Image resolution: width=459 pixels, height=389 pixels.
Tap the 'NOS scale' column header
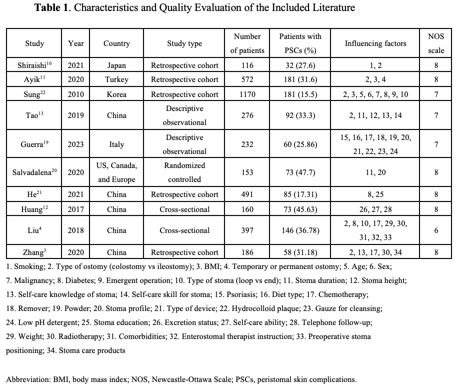pyautogui.click(x=436, y=43)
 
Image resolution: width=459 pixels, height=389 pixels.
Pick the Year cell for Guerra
pyautogui.click(x=75, y=144)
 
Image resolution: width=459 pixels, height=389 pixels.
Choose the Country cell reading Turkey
pyautogui.click(x=117, y=79)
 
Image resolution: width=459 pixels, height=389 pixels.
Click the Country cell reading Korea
pyautogui.click(x=117, y=93)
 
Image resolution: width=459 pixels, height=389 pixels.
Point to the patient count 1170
pyautogui.click(x=247, y=93)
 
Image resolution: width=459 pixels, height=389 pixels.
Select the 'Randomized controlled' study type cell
pyautogui.click(x=184, y=172)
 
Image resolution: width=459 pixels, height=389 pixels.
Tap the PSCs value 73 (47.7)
pyautogui.click(x=300, y=172)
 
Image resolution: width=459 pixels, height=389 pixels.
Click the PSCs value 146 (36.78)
pyautogui.click(x=300, y=230)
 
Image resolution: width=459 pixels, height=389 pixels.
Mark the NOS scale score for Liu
pyautogui.click(x=436, y=230)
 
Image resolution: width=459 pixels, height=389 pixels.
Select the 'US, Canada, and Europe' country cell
pyautogui.click(x=117, y=172)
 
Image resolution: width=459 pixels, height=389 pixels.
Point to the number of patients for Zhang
pyautogui.click(x=247, y=252)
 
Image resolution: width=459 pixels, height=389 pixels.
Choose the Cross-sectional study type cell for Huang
pyautogui.click(x=184, y=208)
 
